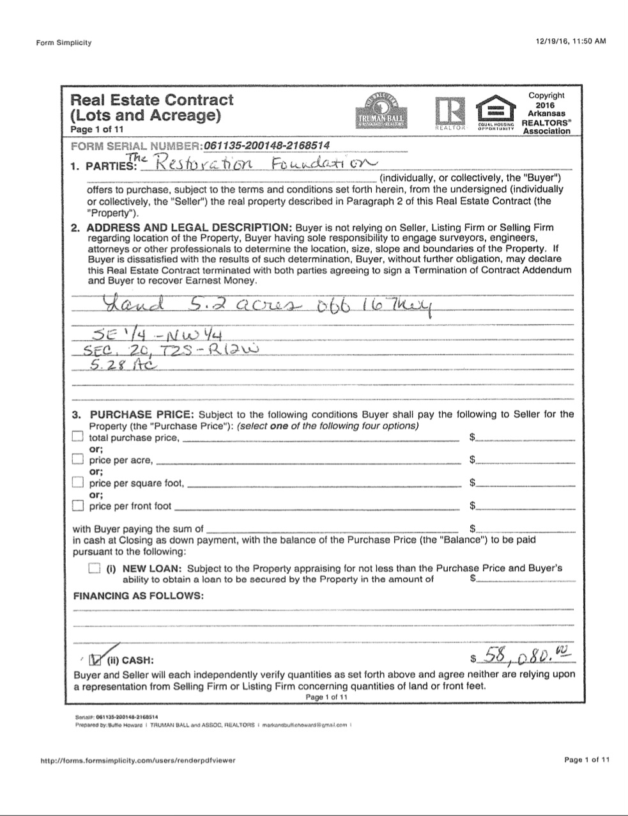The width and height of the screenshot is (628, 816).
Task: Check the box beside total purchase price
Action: click(78, 437)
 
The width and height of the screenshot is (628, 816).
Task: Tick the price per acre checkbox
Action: click(78, 459)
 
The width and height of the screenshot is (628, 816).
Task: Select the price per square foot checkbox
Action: click(78, 482)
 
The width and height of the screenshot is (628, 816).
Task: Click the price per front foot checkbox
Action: click(78, 505)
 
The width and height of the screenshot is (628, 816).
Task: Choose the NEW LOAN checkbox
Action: click(95, 568)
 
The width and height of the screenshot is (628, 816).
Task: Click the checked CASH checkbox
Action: click(95, 659)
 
